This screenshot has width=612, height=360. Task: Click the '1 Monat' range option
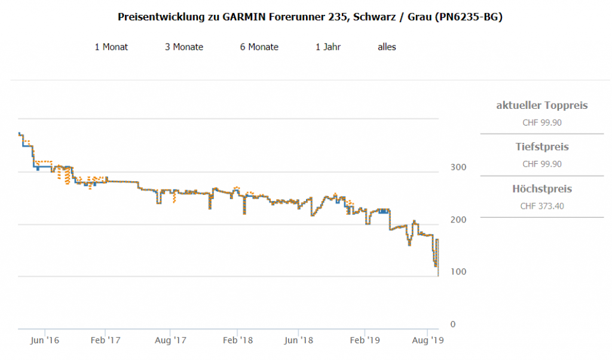111,47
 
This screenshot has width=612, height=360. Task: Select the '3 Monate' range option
184,47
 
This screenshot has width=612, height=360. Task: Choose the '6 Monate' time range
259,47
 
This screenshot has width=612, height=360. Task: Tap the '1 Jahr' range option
328,47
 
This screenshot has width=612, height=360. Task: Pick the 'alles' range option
387,47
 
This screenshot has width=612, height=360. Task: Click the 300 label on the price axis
457,167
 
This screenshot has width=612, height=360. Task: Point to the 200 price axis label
457,219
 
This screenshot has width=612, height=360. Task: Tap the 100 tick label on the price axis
457,272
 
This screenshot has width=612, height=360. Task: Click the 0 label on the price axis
452,324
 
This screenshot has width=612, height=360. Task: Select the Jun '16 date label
45,341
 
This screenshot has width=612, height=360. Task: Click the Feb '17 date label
105,341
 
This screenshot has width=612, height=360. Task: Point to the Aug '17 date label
172,341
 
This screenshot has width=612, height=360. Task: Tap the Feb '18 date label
238,341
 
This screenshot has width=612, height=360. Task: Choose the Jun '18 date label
298,341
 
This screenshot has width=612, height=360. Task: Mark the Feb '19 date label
365,341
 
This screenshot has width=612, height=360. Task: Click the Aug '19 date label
428,341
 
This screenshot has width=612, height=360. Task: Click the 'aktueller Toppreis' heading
542,106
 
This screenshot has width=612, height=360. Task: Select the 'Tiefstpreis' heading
542,147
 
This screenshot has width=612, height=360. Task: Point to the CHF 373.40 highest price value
542,206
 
